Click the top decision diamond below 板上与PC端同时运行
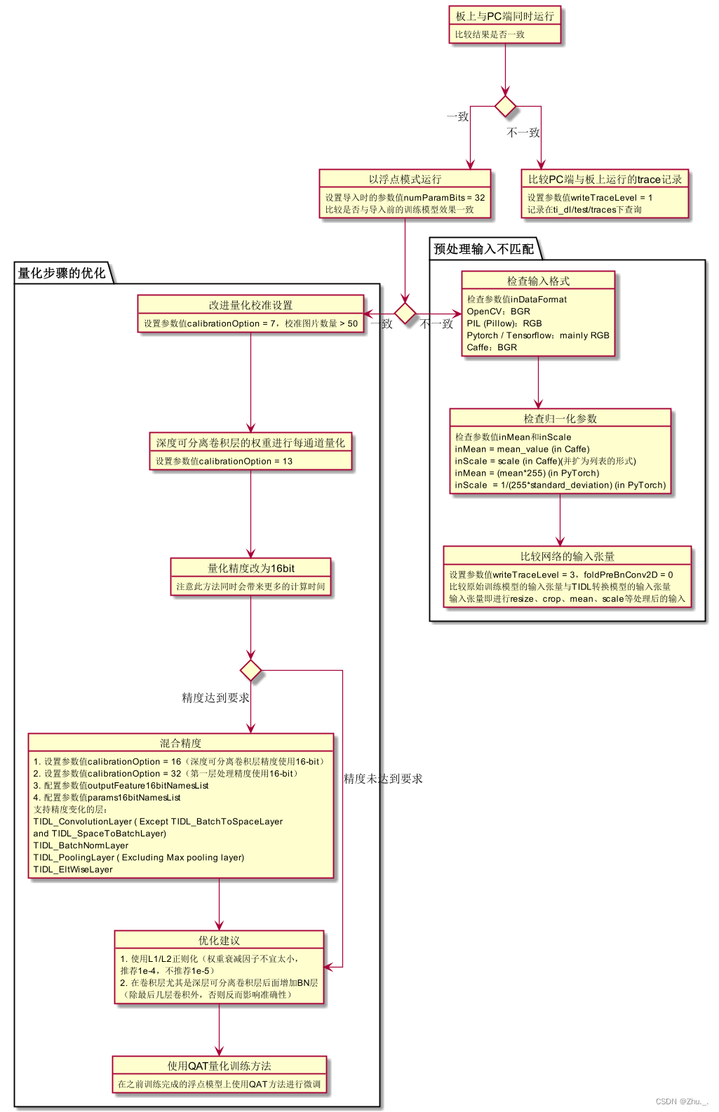pos(505,107)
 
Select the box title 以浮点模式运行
pos(405,180)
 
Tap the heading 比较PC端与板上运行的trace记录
pos(605,180)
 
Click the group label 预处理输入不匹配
pos(483,249)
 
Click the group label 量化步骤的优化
pos(62,274)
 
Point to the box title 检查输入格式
pos(538,281)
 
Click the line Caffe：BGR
pos(492,347)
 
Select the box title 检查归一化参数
pos(560,419)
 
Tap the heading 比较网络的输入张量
pos(567,556)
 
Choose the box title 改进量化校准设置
pos(250,305)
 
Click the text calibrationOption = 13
pos(238,462)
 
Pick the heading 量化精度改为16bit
pos(250,568)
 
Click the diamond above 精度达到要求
pos(250,671)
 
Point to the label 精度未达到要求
pos(383,779)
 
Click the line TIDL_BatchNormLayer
pos(81,845)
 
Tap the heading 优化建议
pos(219,941)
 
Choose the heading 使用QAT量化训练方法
pos(219,1066)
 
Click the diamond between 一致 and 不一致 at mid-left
pos(405,314)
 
